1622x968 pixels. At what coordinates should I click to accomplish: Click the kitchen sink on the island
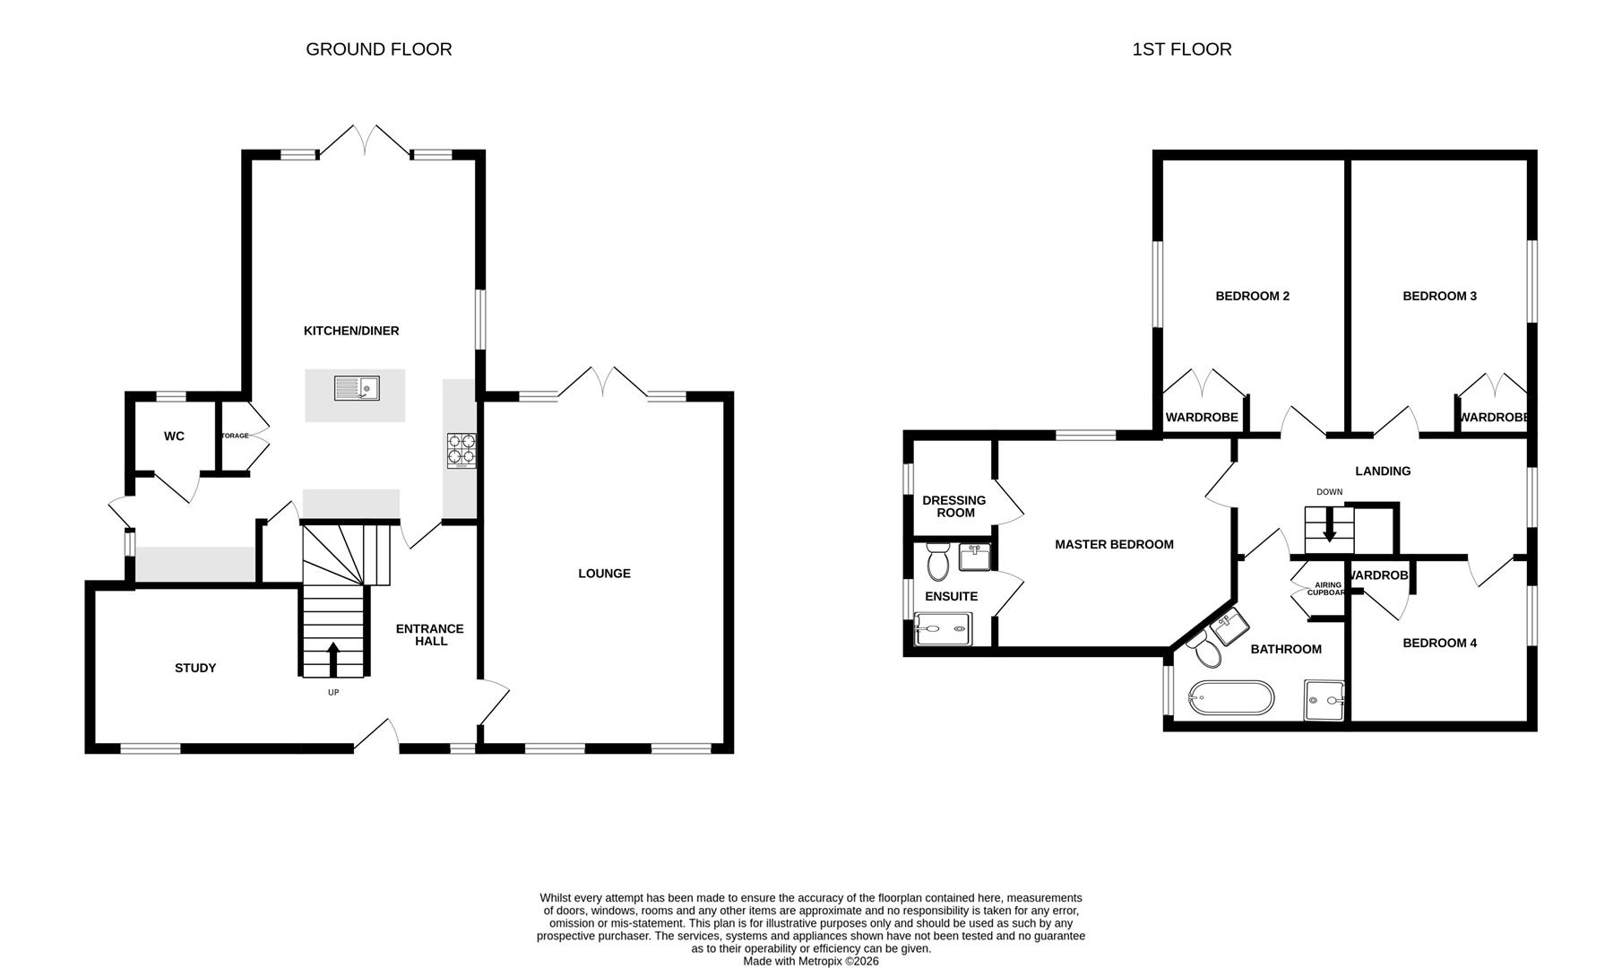point(357,388)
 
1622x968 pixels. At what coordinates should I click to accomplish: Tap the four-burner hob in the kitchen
point(462,450)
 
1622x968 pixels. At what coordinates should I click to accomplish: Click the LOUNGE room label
point(604,574)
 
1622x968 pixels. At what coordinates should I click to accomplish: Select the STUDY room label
point(195,668)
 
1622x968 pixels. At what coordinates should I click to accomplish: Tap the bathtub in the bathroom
point(1230,698)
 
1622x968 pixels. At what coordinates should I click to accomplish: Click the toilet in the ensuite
point(938,562)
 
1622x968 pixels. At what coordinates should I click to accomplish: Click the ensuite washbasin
point(974,557)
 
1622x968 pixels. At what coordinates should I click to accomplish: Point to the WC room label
point(174,436)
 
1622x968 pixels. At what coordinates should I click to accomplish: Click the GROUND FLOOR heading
point(379,49)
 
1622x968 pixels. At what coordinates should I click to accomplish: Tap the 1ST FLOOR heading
point(1181,49)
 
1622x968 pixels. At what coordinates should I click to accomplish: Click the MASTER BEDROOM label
point(1114,544)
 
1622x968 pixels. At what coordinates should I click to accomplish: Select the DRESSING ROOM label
point(953,506)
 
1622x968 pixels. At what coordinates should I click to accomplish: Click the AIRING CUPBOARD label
point(1327,589)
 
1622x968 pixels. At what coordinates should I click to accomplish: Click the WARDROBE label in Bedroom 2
point(1202,418)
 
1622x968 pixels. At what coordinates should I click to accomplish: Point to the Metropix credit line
point(811,961)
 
